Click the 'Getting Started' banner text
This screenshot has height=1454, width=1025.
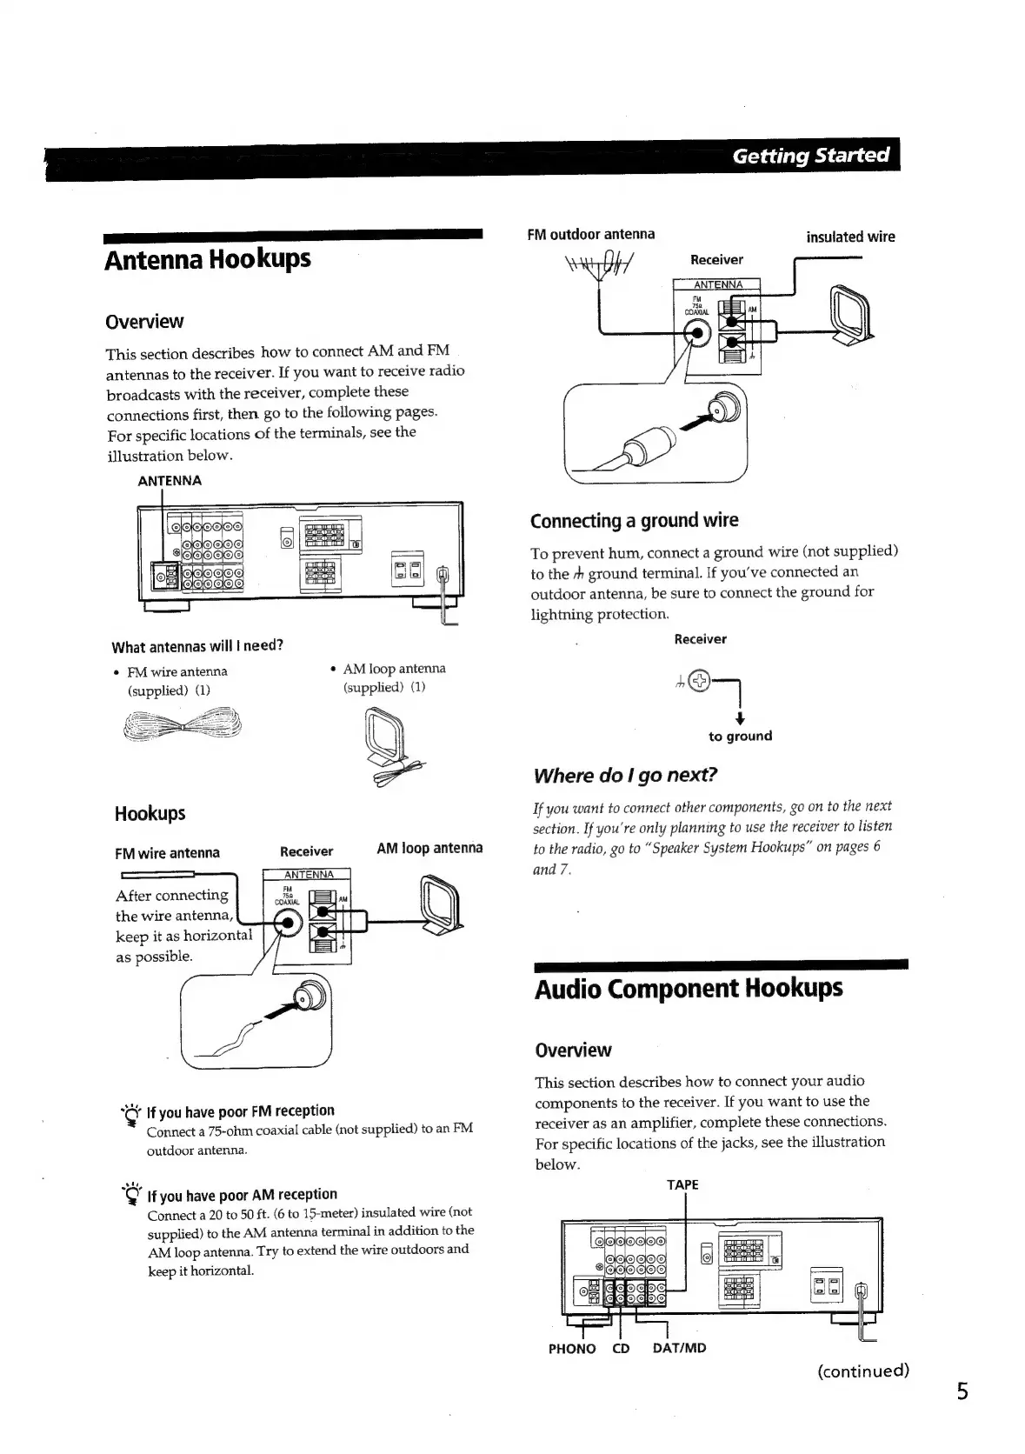pos(810,156)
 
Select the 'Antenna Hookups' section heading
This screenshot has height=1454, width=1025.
pos(207,259)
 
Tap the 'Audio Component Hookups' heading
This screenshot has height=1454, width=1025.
pos(688,989)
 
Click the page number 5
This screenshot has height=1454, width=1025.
pos(962,1392)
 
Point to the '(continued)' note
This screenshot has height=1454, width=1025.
pos(862,1371)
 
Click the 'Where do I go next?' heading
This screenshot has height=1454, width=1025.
pos(625,775)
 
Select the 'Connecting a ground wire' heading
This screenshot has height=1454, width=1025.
pos(634,521)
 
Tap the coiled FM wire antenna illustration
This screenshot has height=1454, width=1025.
pos(182,722)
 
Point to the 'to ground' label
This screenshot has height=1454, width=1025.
pos(740,736)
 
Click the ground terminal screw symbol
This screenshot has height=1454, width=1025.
pos(700,683)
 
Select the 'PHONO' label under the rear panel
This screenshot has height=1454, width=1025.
pos(572,1349)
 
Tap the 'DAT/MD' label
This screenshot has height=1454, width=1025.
pos(679,1348)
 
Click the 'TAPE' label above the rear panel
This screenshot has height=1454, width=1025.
pos(682,1184)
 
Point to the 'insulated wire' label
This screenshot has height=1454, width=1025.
pos(849,237)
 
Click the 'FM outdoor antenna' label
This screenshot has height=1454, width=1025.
pos(590,234)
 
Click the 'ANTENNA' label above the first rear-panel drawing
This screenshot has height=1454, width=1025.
pos(170,480)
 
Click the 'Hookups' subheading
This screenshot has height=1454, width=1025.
pos(150,814)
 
